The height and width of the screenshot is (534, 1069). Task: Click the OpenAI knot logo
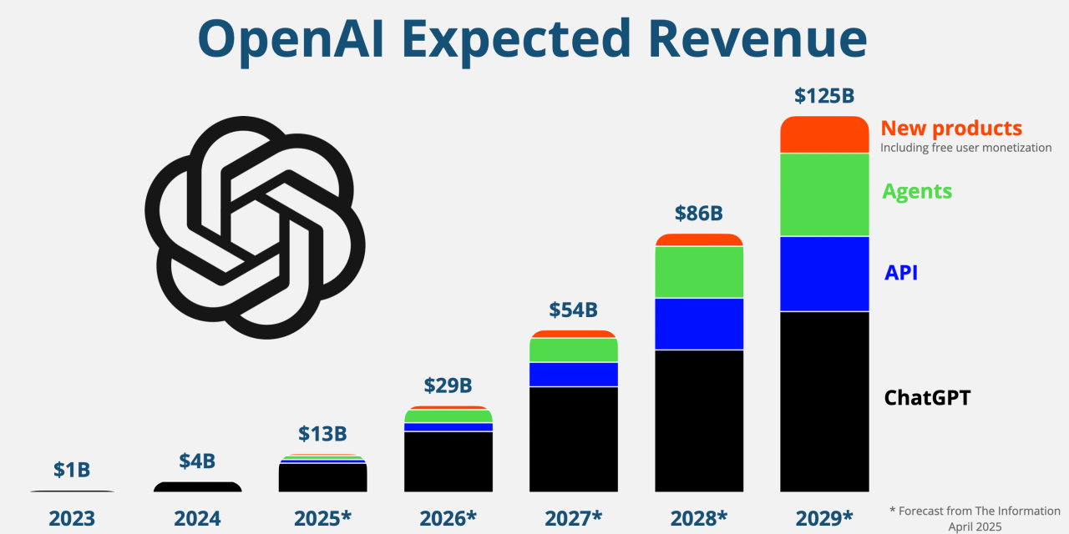[255, 227]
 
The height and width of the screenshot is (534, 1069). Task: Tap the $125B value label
[823, 96]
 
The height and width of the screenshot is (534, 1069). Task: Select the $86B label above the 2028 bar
[698, 214]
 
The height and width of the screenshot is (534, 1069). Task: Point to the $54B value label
[573, 310]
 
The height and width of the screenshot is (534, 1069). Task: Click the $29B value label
[448, 385]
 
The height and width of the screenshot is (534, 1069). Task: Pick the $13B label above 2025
[322, 434]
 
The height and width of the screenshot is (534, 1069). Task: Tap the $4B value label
[197, 461]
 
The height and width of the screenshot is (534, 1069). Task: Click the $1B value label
[72, 470]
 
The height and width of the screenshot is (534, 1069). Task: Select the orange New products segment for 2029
[823, 135]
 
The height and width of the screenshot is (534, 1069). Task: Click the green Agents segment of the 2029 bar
[823, 194]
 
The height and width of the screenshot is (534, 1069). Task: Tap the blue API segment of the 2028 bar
[698, 324]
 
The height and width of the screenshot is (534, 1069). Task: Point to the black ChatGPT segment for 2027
[573, 439]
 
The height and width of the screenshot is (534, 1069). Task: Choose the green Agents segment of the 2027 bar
[573, 350]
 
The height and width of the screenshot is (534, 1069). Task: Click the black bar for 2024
[197, 487]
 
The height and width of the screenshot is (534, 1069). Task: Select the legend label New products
[951, 128]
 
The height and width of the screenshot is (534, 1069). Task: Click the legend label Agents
[917, 191]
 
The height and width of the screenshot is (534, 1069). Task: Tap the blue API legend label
[901, 273]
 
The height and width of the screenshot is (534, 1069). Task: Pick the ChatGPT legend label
[927, 398]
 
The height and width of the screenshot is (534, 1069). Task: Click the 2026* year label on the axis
[448, 518]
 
